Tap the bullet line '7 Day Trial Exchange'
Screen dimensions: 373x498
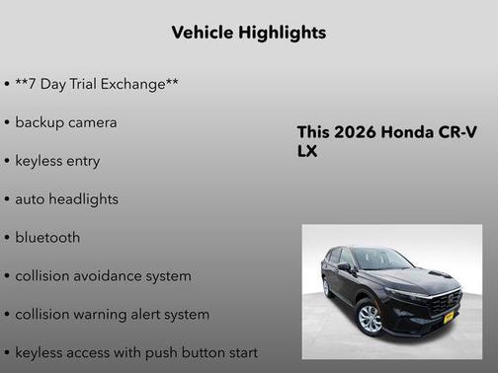pos(97,84)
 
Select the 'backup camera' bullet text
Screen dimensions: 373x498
pos(65,122)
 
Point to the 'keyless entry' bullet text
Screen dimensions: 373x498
pos(57,160)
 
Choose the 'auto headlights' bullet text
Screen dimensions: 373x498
pos(66,198)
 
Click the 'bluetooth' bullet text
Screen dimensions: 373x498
pos(47,237)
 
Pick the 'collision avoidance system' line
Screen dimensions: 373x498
pos(103,275)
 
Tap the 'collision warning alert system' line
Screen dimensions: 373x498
pos(112,314)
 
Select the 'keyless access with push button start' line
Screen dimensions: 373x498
pos(136,352)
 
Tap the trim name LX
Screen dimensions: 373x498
pos(307,152)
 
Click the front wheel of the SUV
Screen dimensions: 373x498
pos(371,318)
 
